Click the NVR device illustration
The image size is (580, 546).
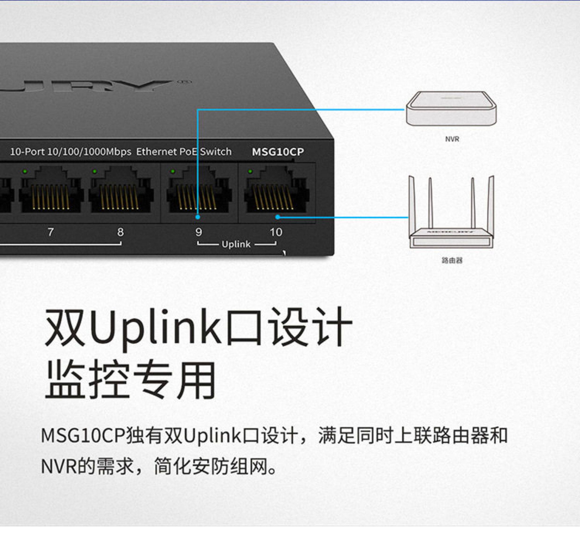point(451,109)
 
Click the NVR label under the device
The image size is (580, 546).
point(452,139)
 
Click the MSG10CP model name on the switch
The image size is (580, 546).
point(278,152)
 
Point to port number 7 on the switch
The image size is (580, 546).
point(51,232)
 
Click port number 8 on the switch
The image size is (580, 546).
point(120,232)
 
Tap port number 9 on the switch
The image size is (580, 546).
point(198,232)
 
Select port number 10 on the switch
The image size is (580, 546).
point(276,232)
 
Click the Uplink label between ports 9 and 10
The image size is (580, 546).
point(236,244)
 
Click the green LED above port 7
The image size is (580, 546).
point(25,171)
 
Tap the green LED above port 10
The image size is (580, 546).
point(250,171)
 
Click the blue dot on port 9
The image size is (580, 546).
point(198,217)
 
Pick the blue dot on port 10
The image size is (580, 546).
point(277,217)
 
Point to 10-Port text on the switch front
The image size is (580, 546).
point(27,152)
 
